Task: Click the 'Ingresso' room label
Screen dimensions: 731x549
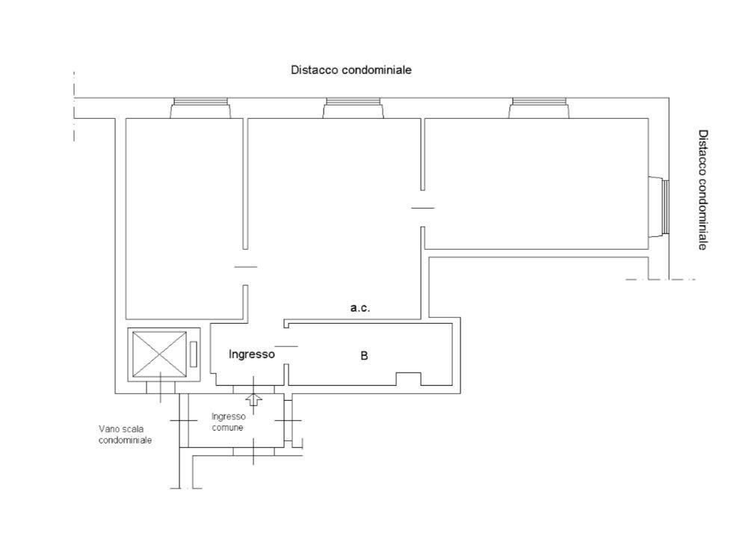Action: [251, 355]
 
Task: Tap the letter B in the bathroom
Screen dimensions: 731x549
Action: [364, 356]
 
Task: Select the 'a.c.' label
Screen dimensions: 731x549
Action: [360, 308]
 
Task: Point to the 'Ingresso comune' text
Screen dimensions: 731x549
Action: [228, 422]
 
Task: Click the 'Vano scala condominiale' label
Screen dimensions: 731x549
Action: [125, 435]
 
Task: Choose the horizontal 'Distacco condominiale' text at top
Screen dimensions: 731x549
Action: [351, 70]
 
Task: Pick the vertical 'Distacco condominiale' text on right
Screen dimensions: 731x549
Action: [703, 190]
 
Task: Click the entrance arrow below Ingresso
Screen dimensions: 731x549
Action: [253, 399]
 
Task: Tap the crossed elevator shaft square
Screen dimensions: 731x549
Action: [159, 355]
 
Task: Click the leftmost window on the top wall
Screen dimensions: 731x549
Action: [200, 108]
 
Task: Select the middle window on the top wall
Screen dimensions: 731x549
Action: [354, 108]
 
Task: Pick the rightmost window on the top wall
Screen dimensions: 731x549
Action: [539, 108]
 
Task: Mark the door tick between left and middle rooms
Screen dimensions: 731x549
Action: [246, 267]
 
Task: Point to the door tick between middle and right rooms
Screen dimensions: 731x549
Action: [423, 208]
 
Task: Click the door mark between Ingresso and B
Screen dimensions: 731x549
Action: [286, 346]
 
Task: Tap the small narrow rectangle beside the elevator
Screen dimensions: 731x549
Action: [194, 355]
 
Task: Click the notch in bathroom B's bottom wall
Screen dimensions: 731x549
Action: [409, 378]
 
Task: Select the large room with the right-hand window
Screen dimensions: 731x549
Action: [536, 184]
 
